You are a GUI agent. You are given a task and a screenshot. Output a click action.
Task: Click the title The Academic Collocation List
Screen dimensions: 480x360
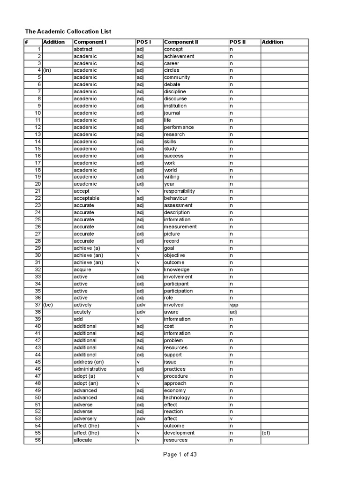(x=68, y=31)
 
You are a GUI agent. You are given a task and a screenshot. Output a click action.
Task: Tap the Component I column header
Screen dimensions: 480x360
(x=90, y=42)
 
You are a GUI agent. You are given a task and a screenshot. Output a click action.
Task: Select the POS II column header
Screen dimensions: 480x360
(x=238, y=42)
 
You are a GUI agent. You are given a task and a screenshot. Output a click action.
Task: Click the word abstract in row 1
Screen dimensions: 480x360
(x=83, y=49)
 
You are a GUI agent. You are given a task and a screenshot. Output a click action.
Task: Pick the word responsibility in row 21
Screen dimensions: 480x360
(x=180, y=191)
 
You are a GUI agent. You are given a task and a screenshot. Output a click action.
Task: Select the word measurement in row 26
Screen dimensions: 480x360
(x=180, y=227)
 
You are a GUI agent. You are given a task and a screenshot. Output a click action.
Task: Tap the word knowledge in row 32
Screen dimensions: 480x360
(x=177, y=270)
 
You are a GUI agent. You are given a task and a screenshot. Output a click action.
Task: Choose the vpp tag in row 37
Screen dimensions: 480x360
(x=234, y=305)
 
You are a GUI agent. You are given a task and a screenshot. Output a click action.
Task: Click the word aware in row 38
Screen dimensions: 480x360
(x=171, y=312)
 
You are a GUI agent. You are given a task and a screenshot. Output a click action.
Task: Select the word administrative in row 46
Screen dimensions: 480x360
(x=90, y=369)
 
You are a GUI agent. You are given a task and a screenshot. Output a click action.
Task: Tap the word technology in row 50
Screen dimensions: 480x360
(x=177, y=397)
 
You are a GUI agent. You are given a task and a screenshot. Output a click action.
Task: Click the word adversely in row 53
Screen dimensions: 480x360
(x=85, y=419)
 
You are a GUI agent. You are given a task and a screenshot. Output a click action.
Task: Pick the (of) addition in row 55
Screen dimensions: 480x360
(x=267, y=433)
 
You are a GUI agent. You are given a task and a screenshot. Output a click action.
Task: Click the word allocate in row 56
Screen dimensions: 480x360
(x=83, y=440)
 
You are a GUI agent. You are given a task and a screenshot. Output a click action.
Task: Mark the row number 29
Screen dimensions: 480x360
(x=38, y=248)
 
